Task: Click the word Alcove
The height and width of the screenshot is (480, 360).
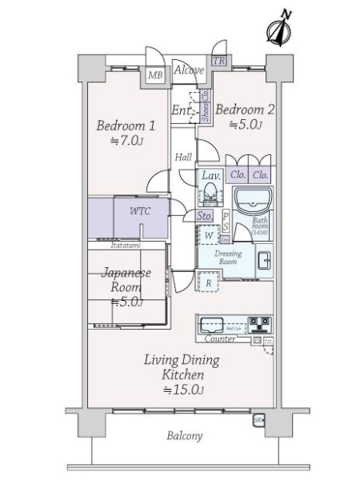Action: [x=188, y=70]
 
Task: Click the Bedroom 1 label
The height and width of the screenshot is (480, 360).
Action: [x=126, y=126]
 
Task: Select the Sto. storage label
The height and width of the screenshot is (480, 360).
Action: [x=204, y=216]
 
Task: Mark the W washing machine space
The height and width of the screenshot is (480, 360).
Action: [x=207, y=236]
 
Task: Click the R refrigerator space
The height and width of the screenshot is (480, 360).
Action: [x=208, y=282]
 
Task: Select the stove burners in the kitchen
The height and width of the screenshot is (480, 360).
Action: [x=260, y=324]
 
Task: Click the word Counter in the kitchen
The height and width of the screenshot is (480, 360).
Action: [x=218, y=339]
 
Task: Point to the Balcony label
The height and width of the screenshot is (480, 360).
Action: [x=185, y=436]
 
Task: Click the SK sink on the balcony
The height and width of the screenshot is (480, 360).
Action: [x=258, y=418]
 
